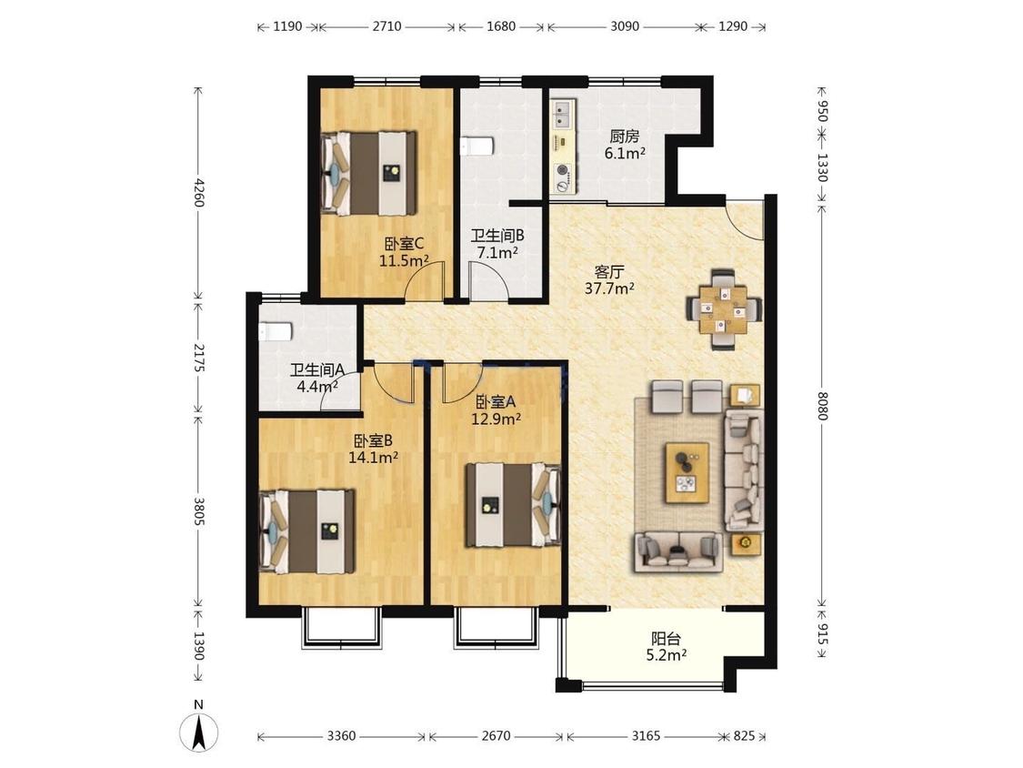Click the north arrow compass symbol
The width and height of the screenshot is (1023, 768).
point(199,733)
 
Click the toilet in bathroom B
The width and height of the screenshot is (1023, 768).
point(476,147)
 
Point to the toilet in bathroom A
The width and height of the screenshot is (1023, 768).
point(275,332)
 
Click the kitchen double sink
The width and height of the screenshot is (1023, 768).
point(562,114)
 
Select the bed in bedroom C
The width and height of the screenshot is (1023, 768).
point(368,174)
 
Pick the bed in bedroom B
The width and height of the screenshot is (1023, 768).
point(307,531)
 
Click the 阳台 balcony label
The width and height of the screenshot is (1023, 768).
point(666,638)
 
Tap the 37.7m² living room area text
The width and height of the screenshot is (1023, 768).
point(609,288)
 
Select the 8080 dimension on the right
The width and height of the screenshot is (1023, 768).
point(822,406)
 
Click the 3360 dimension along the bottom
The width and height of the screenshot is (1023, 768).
point(341,736)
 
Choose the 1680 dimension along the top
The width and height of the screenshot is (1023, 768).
point(501,26)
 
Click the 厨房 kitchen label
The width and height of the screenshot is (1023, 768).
point(625,136)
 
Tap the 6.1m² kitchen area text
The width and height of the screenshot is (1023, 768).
point(625,154)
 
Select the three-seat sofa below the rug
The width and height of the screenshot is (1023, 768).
point(678,551)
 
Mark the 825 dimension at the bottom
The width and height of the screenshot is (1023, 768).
point(744,736)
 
